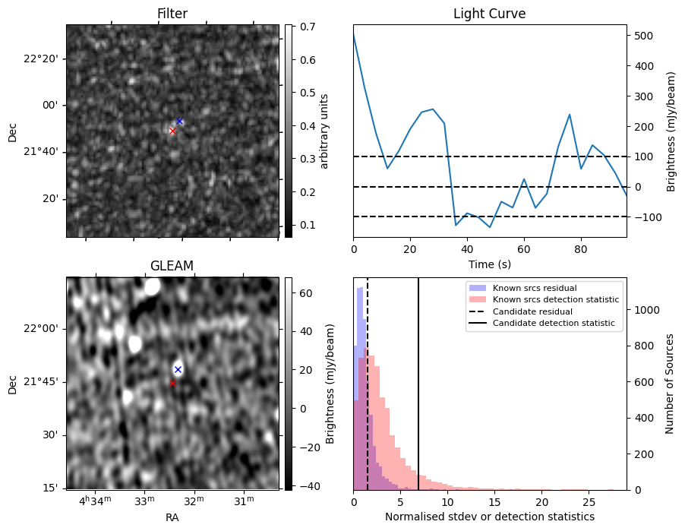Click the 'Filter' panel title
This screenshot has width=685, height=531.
point(172,14)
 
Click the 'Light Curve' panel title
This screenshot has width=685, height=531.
point(489,14)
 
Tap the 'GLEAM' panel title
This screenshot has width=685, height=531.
point(172,266)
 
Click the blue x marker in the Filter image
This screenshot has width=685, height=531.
point(180,122)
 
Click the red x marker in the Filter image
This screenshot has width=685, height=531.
point(172,131)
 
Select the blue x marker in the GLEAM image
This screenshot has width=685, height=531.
point(178,370)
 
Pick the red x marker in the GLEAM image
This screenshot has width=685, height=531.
point(172,384)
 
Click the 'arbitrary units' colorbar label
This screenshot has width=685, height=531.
point(324,131)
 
